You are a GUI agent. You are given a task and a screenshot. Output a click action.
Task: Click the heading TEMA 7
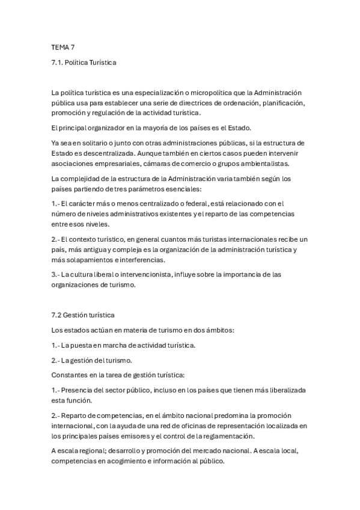pyautogui.click(x=63, y=46)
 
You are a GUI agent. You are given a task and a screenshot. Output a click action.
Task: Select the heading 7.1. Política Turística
pyautogui.click(x=84, y=62)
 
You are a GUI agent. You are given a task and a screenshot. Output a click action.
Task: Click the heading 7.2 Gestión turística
pyautogui.click(x=83, y=315)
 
